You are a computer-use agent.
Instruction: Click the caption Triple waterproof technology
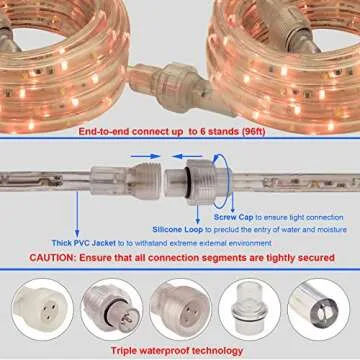179,350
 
